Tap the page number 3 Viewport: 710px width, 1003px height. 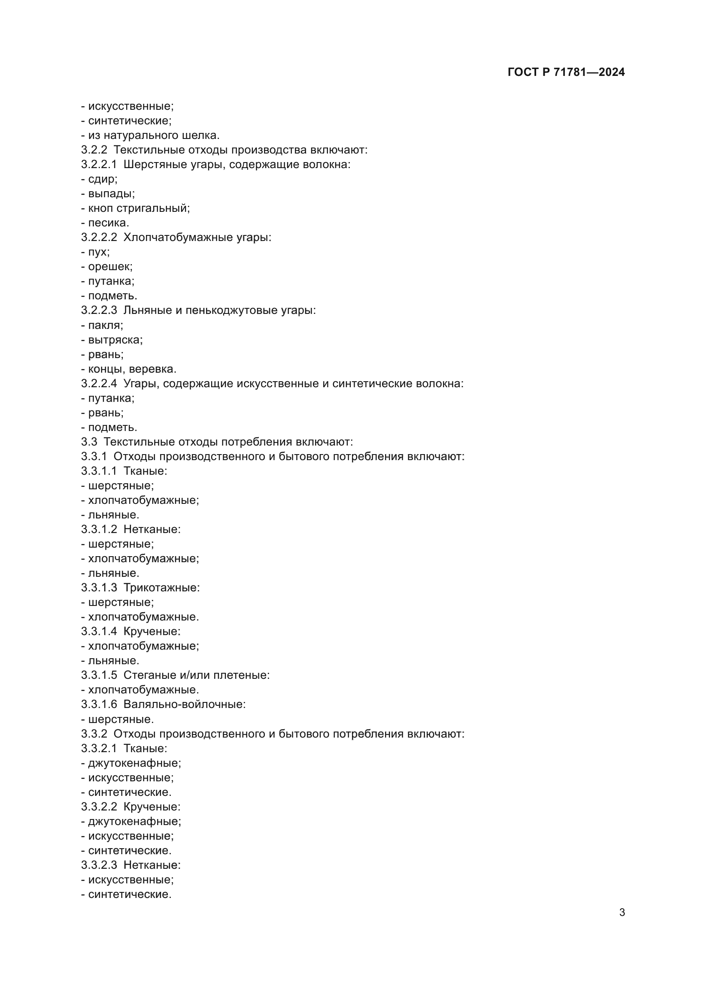click(622, 913)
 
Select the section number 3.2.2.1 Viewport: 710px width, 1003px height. click(99, 165)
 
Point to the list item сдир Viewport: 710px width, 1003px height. click(103, 179)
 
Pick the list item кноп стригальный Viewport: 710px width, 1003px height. click(139, 208)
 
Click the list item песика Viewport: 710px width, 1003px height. click(109, 223)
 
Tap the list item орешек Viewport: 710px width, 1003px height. click(110, 266)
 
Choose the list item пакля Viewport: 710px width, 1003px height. click(105, 325)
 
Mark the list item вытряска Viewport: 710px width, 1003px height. click(115, 340)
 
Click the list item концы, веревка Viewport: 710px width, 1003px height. click(132, 369)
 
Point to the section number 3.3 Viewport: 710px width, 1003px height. click(89, 442)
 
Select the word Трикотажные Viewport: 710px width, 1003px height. click(161, 587)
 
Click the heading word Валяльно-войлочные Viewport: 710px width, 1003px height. click(184, 704)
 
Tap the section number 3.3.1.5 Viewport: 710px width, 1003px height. click(99, 675)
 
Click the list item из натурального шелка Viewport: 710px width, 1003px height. click(153, 136)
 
